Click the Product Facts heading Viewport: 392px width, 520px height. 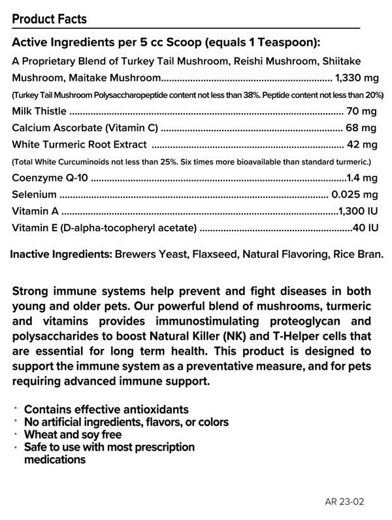[x=49, y=19]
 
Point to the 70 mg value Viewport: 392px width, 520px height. [x=363, y=111]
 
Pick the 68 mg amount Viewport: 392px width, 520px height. [x=362, y=128]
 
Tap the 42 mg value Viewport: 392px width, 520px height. [x=362, y=144]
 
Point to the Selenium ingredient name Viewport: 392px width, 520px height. [x=34, y=195]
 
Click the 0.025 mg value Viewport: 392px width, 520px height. [x=355, y=195]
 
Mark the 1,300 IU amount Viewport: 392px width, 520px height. [x=358, y=211]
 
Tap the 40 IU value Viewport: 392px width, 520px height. [x=366, y=228]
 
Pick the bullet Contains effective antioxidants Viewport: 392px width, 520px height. [x=106, y=409]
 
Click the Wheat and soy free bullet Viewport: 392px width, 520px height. [x=73, y=434]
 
